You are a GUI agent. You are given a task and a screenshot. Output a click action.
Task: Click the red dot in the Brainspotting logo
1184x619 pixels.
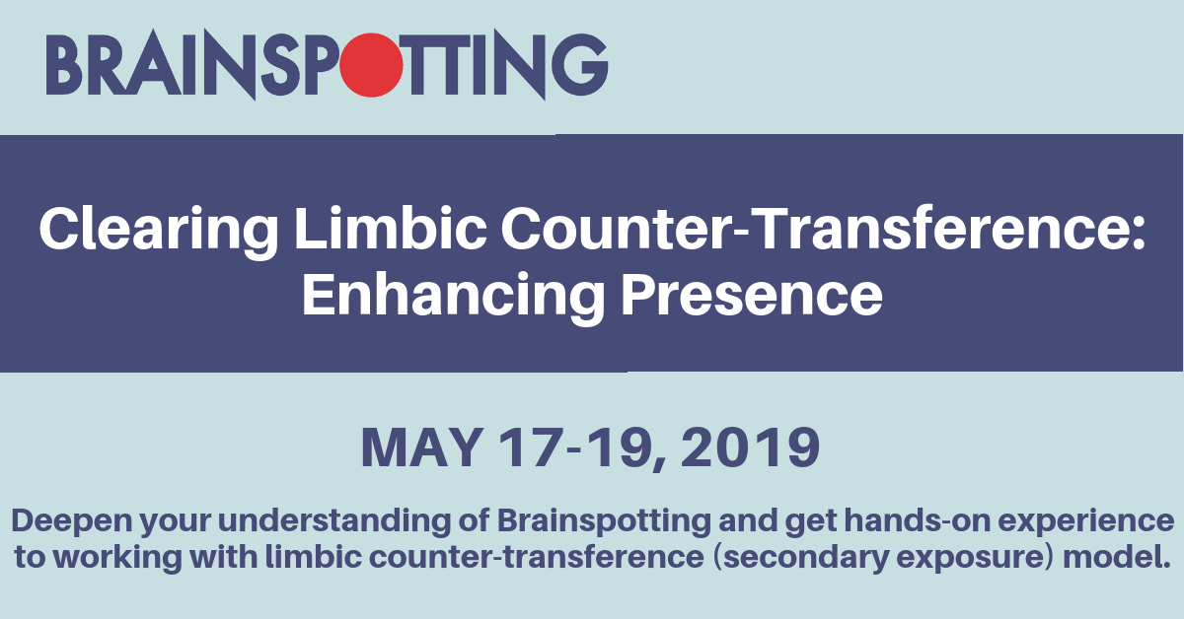371,65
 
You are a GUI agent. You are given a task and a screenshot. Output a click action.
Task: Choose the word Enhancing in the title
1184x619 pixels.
453,297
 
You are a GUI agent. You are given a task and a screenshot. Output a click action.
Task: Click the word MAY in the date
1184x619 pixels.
421,447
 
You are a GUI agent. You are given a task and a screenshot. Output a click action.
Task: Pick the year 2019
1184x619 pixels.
750,447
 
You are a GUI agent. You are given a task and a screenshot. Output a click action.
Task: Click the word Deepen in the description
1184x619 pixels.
72,521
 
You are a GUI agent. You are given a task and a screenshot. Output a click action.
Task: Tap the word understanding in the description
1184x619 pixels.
334,521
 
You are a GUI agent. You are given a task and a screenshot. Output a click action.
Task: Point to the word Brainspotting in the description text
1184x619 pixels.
604,521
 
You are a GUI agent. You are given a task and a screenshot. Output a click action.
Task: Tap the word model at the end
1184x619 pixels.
1117,557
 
